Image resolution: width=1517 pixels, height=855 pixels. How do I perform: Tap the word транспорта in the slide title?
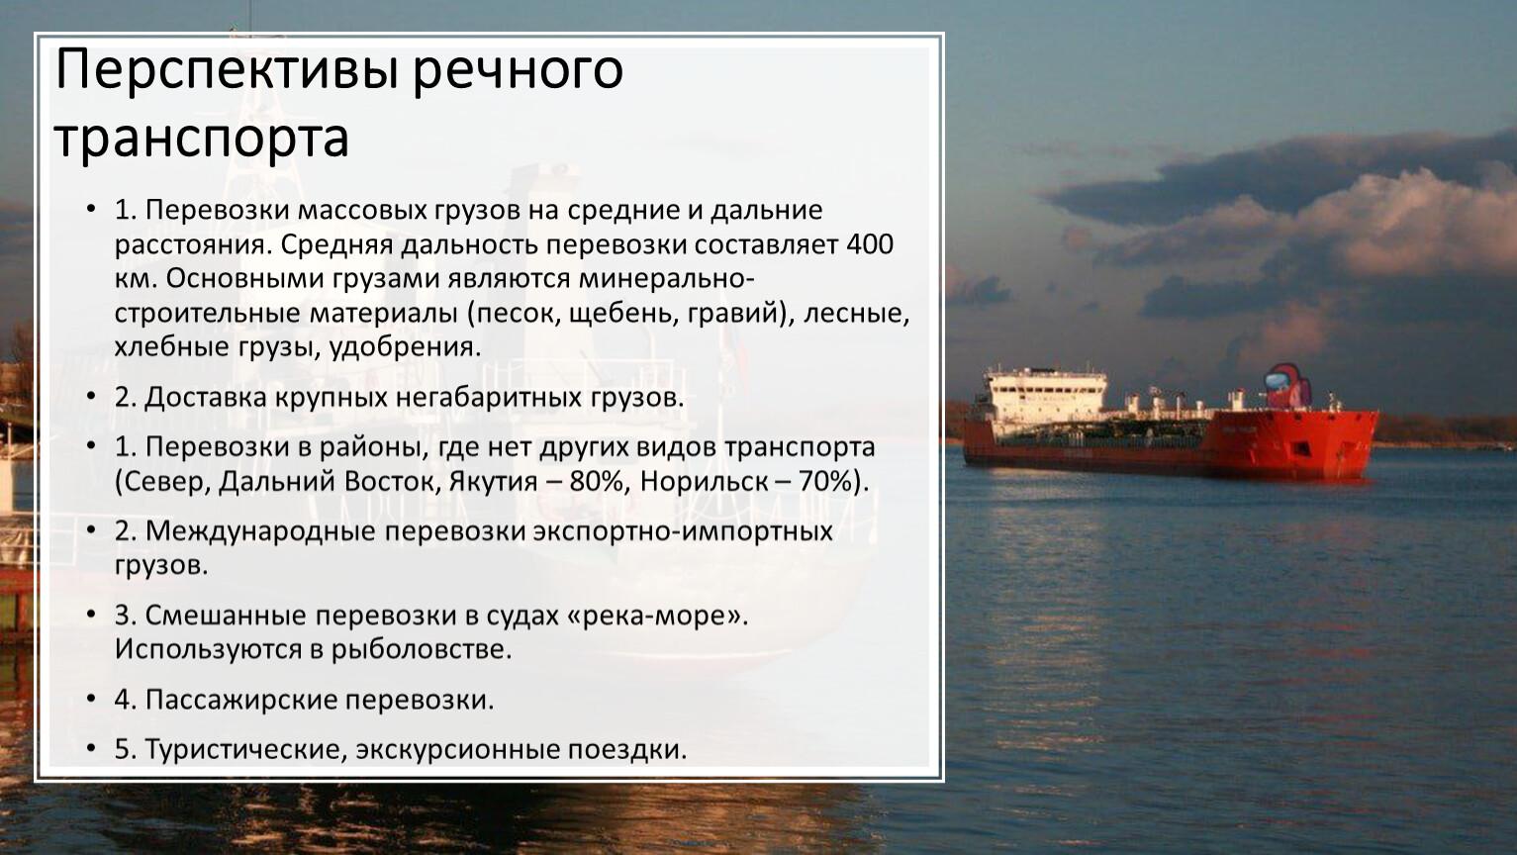point(202,139)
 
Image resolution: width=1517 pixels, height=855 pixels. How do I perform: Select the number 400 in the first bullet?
point(870,244)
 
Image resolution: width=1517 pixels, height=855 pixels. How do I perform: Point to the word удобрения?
point(405,348)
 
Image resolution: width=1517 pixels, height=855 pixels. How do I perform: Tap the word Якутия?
point(493,482)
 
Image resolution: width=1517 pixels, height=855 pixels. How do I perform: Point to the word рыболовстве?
point(421,650)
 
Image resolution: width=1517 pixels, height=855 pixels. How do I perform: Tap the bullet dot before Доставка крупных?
point(91,396)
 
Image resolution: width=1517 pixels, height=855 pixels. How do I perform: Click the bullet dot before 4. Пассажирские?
point(91,698)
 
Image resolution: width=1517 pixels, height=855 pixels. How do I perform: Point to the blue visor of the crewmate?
point(1278,377)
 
